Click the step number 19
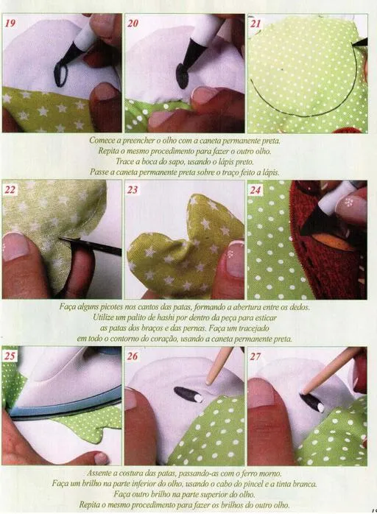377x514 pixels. coord(10,24)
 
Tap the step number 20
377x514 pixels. coord(133,24)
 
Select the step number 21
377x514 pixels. coord(256,24)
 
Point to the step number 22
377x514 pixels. coord(10,189)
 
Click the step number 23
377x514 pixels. coord(133,189)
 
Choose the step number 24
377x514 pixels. coord(256,189)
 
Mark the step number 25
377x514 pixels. coord(10,356)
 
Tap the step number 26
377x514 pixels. coord(133,356)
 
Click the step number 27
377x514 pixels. coord(256,356)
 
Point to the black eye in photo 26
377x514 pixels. coord(187,395)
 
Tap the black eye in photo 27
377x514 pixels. coord(312,402)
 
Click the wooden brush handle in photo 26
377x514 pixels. coord(219,365)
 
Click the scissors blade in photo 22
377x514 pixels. coord(92,245)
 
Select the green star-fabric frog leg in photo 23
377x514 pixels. coord(184,250)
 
